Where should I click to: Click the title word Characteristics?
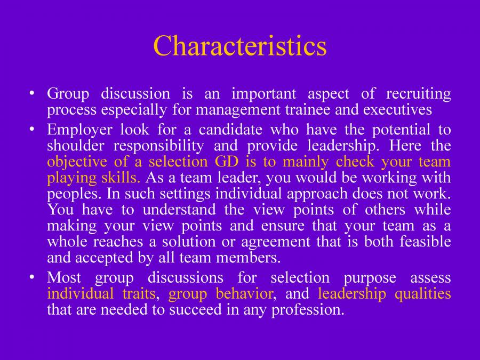pyautogui.click(x=240, y=46)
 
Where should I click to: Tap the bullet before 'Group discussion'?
pyautogui.click(x=31, y=93)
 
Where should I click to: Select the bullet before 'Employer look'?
pyautogui.click(x=31, y=129)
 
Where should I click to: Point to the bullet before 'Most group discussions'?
pyautogui.click(x=31, y=277)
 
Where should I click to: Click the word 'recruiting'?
pyautogui.click(x=419, y=94)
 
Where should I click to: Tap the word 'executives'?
pyautogui.click(x=397, y=109)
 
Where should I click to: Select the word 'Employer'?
pyautogui.click(x=79, y=130)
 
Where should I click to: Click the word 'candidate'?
pyautogui.click(x=230, y=130)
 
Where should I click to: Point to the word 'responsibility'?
pyautogui.click(x=158, y=146)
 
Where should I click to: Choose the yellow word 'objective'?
pyautogui.click(x=77, y=162)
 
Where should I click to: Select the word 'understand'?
pyautogui.click(x=179, y=210)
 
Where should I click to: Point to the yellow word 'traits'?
pyautogui.click(x=139, y=293)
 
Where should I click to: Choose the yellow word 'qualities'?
pyautogui.click(x=423, y=294)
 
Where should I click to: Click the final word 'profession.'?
pyautogui.click(x=308, y=310)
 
